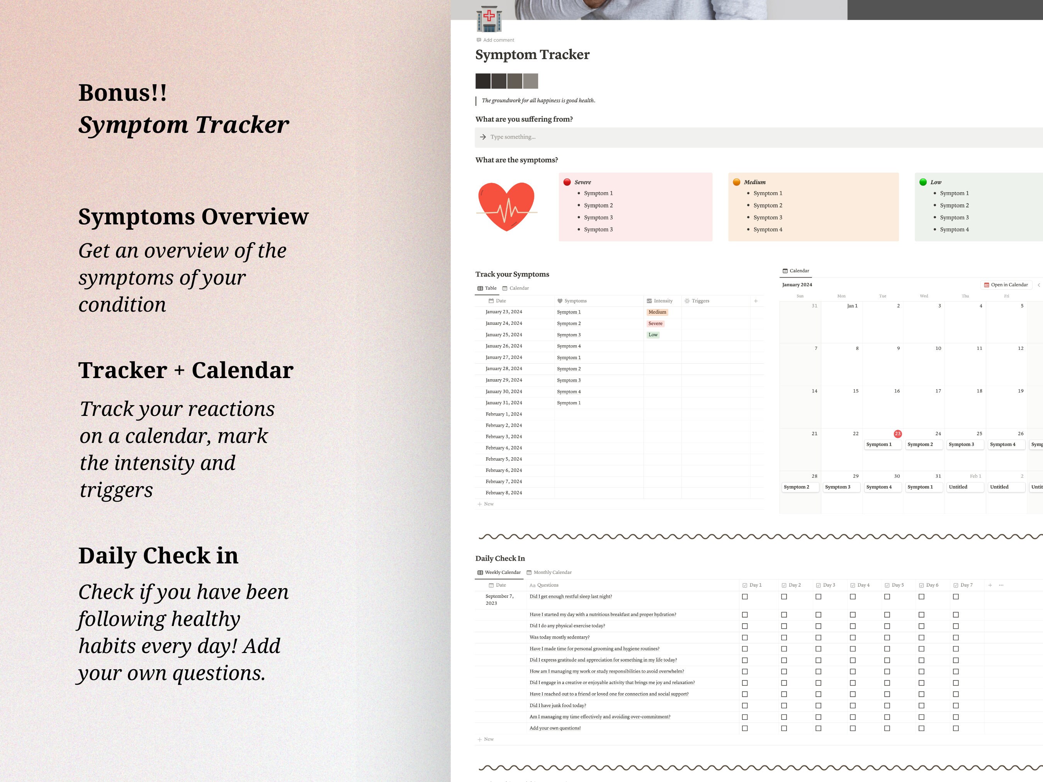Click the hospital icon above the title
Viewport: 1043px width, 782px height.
tap(489, 19)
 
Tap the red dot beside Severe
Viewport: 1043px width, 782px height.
tap(567, 182)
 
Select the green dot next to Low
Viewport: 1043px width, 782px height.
tap(923, 182)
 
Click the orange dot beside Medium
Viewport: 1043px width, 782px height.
tap(737, 182)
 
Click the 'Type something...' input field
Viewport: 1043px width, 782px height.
tap(754, 137)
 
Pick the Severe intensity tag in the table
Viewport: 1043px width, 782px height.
tap(656, 323)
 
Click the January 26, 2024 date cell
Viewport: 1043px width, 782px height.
tap(504, 346)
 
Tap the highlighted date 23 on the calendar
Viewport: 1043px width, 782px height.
tap(897, 434)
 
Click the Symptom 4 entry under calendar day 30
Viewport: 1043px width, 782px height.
tap(879, 487)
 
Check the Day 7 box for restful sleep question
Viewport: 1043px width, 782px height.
tap(956, 597)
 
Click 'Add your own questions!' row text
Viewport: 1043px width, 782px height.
tap(555, 728)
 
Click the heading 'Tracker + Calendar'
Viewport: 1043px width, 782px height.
tap(186, 370)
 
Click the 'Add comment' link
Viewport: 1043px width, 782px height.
tap(498, 40)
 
